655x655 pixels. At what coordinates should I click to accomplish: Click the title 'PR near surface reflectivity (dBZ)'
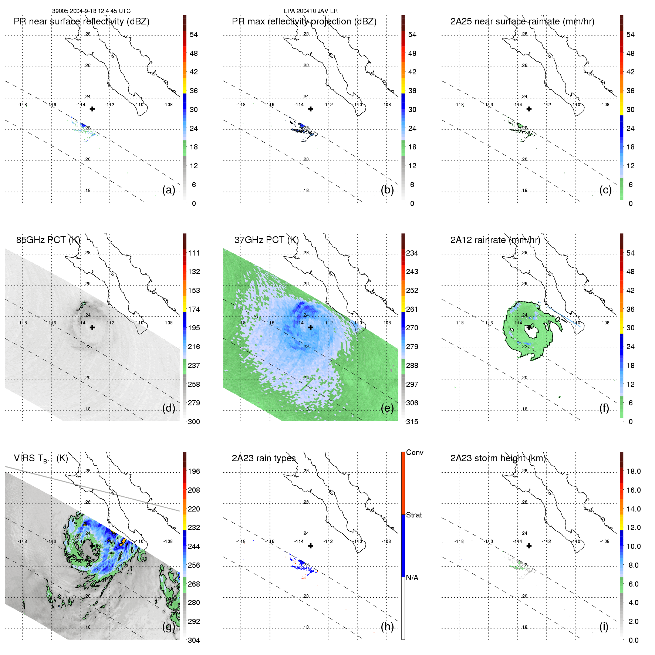tap(81, 21)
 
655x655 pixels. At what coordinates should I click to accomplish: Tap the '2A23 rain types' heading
tap(264, 458)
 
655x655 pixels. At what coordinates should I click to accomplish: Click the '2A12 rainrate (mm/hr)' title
tap(495, 240)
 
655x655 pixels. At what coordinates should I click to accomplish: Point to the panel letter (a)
tap(169, 190)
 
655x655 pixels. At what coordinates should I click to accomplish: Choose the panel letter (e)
tap(387, 408)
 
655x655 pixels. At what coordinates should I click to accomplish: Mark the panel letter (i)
tap(604, 627)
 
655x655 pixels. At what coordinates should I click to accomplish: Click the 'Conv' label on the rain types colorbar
tap(415, 452)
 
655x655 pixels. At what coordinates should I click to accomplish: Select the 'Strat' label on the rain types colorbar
tap(414, 515)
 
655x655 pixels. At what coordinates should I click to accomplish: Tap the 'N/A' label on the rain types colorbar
tap(412, 578)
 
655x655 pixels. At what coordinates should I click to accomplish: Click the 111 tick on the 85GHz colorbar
tap(194, 253)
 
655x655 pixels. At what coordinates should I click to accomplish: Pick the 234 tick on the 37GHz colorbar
tap(412, 253)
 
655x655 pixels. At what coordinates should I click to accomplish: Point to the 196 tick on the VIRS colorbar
tap(194, 471)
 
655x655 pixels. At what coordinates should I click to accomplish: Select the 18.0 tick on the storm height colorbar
tap(634, 471)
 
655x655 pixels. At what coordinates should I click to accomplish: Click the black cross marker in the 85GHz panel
tap(92, 327)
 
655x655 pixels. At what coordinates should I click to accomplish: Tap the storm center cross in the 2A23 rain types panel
tap(311, 546)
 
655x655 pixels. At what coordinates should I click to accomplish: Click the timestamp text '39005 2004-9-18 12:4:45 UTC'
tap(91, 11)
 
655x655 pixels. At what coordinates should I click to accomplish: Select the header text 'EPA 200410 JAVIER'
tap(311, 11)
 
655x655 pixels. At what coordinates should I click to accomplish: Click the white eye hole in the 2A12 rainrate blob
tap(532, 332)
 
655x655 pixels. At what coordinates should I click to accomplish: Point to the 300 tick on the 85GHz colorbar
tap(194, 422)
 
